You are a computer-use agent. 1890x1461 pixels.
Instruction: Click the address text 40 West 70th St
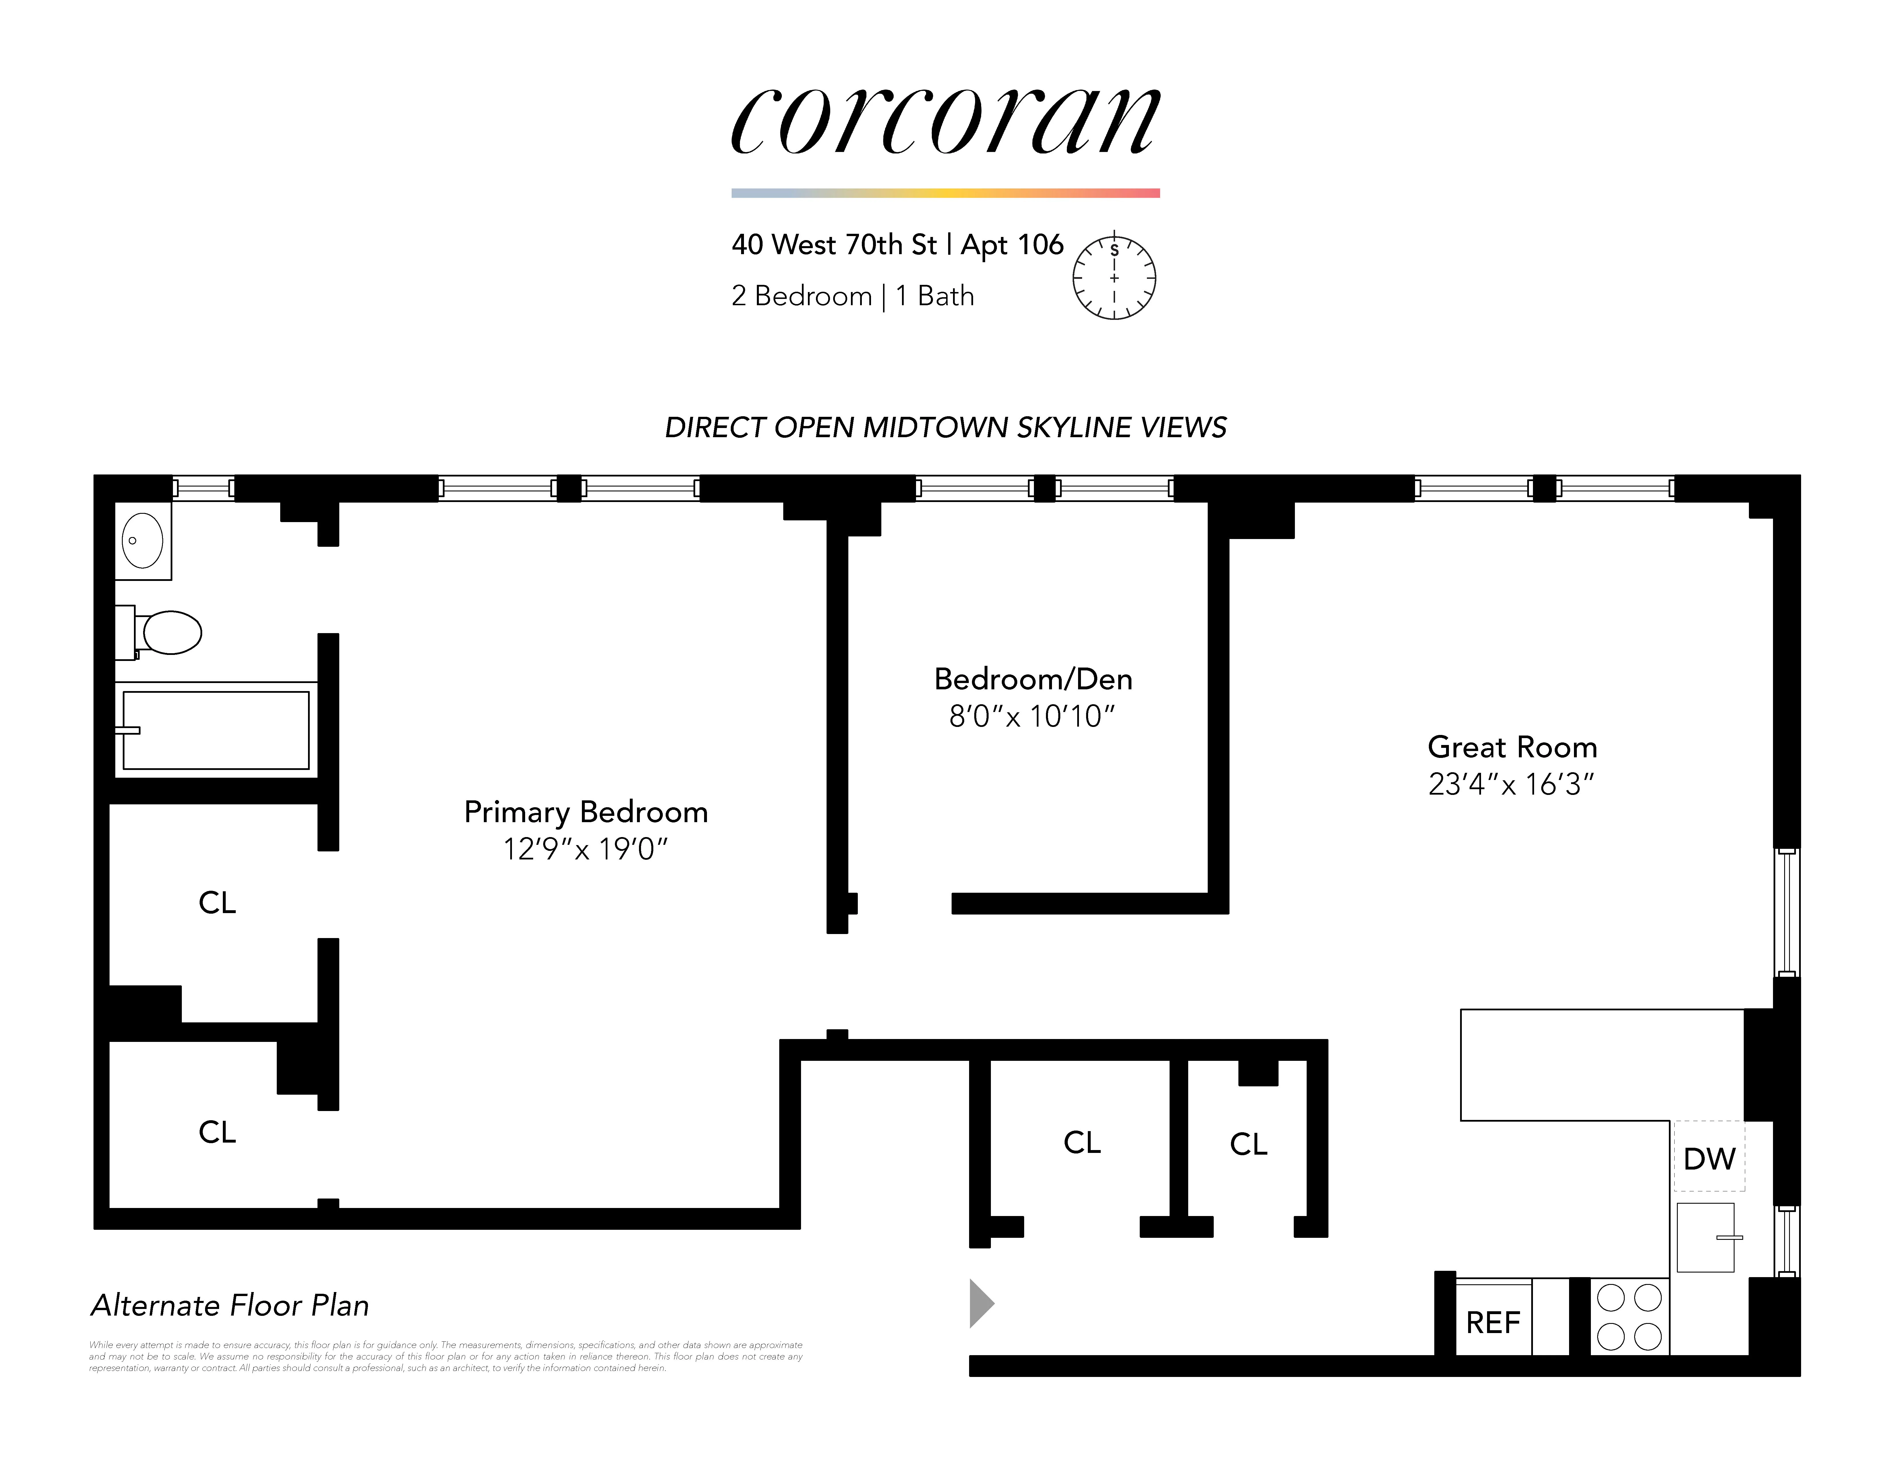point(834,245)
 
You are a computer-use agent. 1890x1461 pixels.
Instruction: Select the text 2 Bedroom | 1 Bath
point(852,296)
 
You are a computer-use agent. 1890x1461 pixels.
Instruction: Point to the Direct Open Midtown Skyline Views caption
point(945,427)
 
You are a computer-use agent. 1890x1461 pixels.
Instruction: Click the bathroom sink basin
point(143,540)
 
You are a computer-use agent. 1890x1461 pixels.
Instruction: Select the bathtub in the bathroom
point(216,729)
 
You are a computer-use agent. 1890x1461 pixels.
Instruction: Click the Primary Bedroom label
point(586,812)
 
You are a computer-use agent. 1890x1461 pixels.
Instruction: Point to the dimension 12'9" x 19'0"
point(586,849)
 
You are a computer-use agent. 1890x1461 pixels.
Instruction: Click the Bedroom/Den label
point(1033,679)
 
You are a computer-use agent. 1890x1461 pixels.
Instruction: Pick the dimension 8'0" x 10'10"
point(1032,717)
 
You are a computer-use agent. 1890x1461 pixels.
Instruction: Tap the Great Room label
point(1512,747)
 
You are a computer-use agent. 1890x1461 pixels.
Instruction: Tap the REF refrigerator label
point(1493,1322)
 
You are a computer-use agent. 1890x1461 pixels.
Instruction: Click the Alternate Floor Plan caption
point(230,1305)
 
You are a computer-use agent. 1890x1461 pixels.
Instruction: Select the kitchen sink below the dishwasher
point(1706,1238)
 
